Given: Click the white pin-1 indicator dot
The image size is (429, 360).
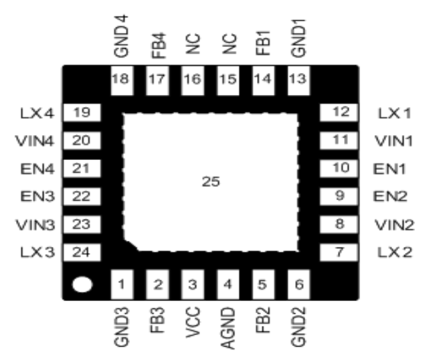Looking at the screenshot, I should (82, 285).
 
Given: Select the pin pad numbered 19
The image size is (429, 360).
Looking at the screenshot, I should (82, 112).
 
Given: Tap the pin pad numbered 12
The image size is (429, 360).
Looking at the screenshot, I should (341, 112).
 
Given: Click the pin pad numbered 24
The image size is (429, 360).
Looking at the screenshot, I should (82, 253).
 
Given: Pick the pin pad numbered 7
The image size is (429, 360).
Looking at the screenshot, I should (341, 253).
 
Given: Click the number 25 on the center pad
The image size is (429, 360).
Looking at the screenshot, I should (211, 181).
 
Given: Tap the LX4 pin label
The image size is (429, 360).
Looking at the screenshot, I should (35, 112).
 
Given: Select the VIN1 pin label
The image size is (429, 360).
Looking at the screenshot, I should (394, 141).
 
